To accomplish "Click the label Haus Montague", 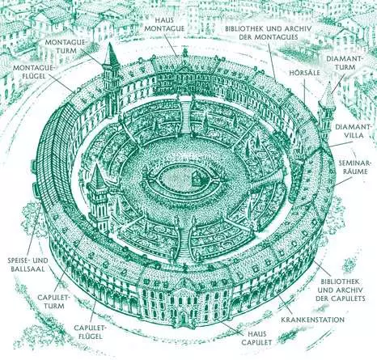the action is point(166,24).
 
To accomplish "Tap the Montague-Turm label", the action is point(65,46).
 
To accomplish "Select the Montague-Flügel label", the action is point(34,72).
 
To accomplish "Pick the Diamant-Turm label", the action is point(344,63).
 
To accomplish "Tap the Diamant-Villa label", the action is point(350,130).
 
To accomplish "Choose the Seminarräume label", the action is point(354,167).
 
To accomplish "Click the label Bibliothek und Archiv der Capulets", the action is point(341,290).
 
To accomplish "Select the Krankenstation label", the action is point(312,320).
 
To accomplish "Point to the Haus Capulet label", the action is point(256,338).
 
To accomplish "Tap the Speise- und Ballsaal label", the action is point(28,265).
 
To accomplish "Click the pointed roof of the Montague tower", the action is point(110,55).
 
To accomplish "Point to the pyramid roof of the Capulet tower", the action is point(97,176).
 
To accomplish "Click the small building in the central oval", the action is point(196,178).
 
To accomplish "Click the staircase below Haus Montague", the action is point(185,116).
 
